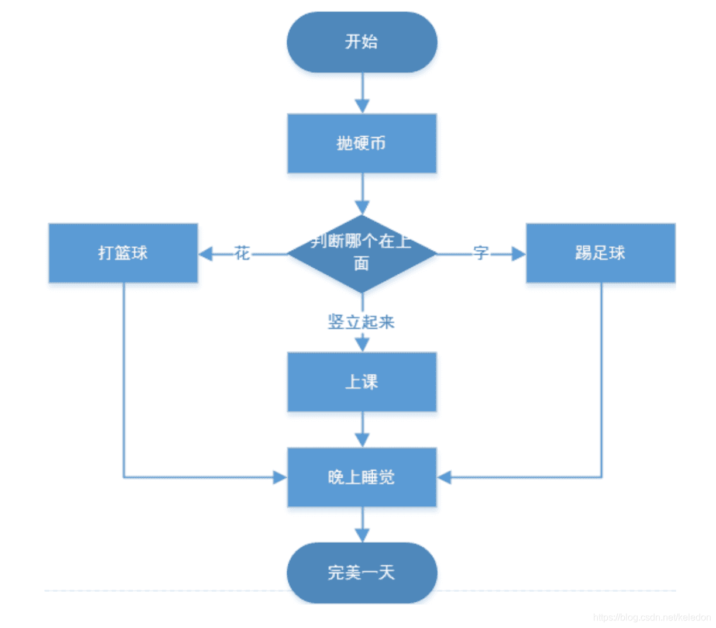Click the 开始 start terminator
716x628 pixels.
tap(362, 42)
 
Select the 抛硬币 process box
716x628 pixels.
tap(362, 143)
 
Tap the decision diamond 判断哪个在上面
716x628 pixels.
tap(362, 253)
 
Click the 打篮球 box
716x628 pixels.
tap(123, 253)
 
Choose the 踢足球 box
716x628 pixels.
tap(600, 253)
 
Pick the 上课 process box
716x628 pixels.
tap(362, 382)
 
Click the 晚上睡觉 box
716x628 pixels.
tap(362, 477)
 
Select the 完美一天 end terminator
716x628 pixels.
tap(362, 572)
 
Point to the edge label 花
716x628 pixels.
tap(242, 253)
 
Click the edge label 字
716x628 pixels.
tap(480, 253)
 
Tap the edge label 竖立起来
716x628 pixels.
tap(361, 322)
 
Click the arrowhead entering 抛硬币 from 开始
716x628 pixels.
tap(362, 106)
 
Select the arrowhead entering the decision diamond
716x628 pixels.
tap(362, 208)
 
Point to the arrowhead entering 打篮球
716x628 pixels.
tap(205, 254)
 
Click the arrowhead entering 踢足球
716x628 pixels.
tap(518, 254)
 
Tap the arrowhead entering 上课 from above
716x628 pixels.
tap(362, 344)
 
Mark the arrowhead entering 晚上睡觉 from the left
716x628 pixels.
tap(280, 477)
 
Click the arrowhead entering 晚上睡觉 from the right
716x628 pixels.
tap(445, 477)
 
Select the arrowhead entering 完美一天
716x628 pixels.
tap(362, 535)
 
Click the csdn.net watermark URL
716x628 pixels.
tap(652, 617)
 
